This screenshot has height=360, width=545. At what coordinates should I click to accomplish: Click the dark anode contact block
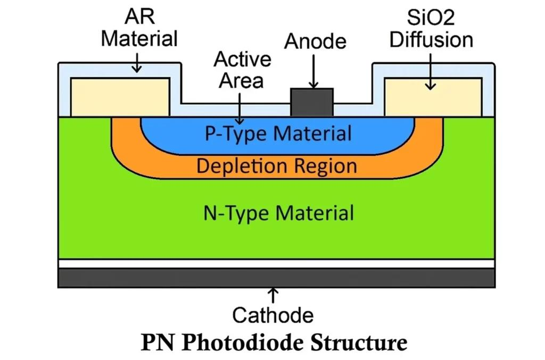click(312, 103)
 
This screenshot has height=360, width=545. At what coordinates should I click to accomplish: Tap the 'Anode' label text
click(315, 41)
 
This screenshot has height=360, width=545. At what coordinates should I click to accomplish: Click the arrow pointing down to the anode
click(313, 72)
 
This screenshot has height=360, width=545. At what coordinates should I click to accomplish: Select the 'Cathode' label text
click(273, 315)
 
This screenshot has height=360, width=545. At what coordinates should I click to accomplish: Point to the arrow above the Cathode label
click(273, 295)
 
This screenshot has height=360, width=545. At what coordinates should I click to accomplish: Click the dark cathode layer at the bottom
click(276, 278)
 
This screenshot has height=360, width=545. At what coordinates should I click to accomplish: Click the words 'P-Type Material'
click(278, 133)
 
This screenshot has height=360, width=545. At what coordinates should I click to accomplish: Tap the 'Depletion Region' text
click(277, 165)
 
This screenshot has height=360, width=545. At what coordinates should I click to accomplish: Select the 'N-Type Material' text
click(278, 213)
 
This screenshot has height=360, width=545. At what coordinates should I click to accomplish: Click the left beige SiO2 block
click(120, 97)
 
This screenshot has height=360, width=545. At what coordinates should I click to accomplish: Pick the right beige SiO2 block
click(433, 97)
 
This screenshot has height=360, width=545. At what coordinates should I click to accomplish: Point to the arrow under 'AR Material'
click(137, 63)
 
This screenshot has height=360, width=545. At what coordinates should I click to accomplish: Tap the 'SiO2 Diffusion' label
click(431, 29)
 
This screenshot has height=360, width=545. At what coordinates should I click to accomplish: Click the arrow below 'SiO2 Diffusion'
click(431, 72)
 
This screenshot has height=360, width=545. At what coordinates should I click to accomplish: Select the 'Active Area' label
click(242, 70)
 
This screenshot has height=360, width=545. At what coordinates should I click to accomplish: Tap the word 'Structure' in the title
click(358, 342)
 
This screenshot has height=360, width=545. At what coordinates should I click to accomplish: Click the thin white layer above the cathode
click(276, 264)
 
